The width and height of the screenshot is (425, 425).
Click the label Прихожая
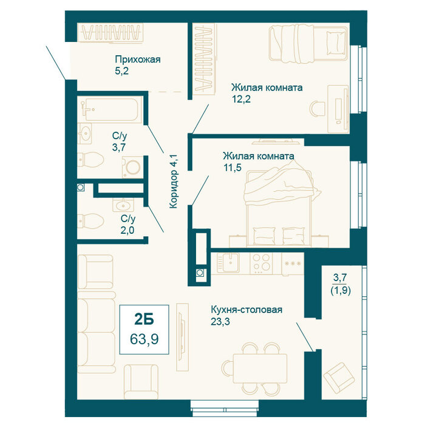tap(138, 59)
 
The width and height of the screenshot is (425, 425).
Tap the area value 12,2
tap(241, 99)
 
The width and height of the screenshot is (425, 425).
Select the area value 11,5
tap(233, 168)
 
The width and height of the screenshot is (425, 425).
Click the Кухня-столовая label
tap(246, 309)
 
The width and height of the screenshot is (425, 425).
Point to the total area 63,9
tap(144, 339)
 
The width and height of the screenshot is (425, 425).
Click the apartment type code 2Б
tap(144, 319)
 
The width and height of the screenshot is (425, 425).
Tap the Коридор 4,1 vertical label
tap(173, 182)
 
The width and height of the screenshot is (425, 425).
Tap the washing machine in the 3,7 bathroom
tap(132, 167)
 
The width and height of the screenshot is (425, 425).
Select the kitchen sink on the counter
tap(228, 262)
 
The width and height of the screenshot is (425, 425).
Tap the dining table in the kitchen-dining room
tap(260, 368)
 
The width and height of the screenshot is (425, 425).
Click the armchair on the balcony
tap(339, 378)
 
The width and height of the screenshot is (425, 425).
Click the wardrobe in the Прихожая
tap(110, 33)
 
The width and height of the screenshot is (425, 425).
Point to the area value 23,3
tap(220, 321)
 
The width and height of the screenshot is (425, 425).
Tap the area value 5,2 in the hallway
tap(121, 71)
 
